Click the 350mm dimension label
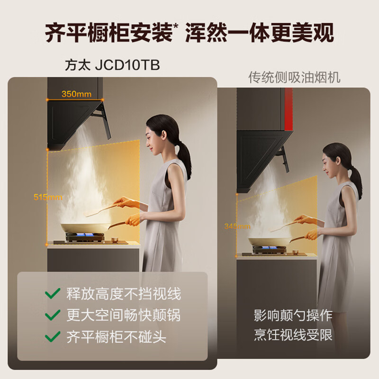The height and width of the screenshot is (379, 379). click(x=76, y=94)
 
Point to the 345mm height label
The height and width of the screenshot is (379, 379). click(x=237, y=226)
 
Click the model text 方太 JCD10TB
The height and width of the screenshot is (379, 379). click(x=112, y=65)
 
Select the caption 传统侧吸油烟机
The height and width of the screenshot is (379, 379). click(x=294, y=77)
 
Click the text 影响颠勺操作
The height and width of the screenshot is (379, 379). click(x=292, y=316)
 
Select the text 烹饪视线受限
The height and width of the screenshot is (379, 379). click(x=292, y=336)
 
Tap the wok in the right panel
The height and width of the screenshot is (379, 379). click(x=266, y=242)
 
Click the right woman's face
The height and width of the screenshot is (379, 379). click(x=330, y=164)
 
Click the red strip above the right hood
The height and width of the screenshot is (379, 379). click(x=289, y=109)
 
